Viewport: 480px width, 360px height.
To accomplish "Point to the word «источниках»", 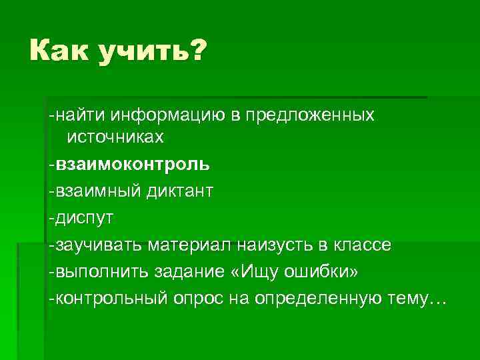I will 115,137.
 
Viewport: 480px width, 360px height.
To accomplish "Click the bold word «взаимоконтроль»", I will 133,164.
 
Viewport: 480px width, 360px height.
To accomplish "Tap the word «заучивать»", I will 101,245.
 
